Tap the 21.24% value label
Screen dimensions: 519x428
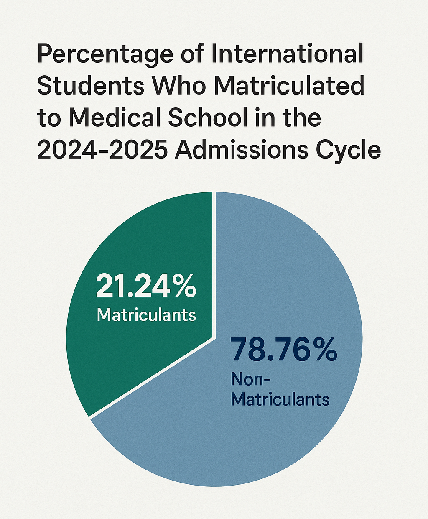pos(146,286)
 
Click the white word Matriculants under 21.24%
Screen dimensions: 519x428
pos(146,314)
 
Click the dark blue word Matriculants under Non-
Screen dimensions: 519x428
pos(280,399)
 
